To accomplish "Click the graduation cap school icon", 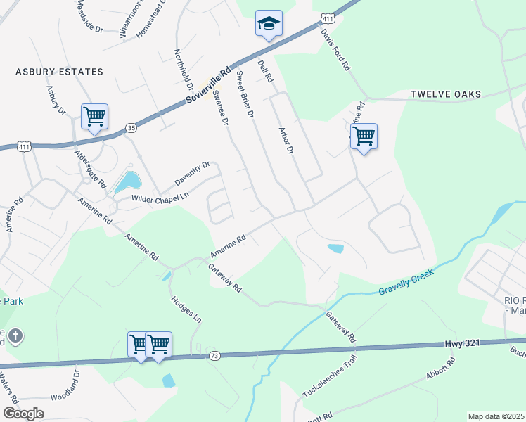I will point(269,24).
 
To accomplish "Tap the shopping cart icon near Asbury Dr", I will point(94,117).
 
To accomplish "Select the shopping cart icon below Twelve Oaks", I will point(364,136).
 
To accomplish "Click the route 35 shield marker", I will point(131,127).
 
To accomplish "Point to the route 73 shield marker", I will point(214,357).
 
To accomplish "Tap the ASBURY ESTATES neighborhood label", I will point(59,72).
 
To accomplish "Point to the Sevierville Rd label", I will point(210,86).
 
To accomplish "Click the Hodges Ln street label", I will point(186,308).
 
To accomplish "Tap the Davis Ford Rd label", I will point(335,50).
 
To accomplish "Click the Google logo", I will point(23,414).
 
